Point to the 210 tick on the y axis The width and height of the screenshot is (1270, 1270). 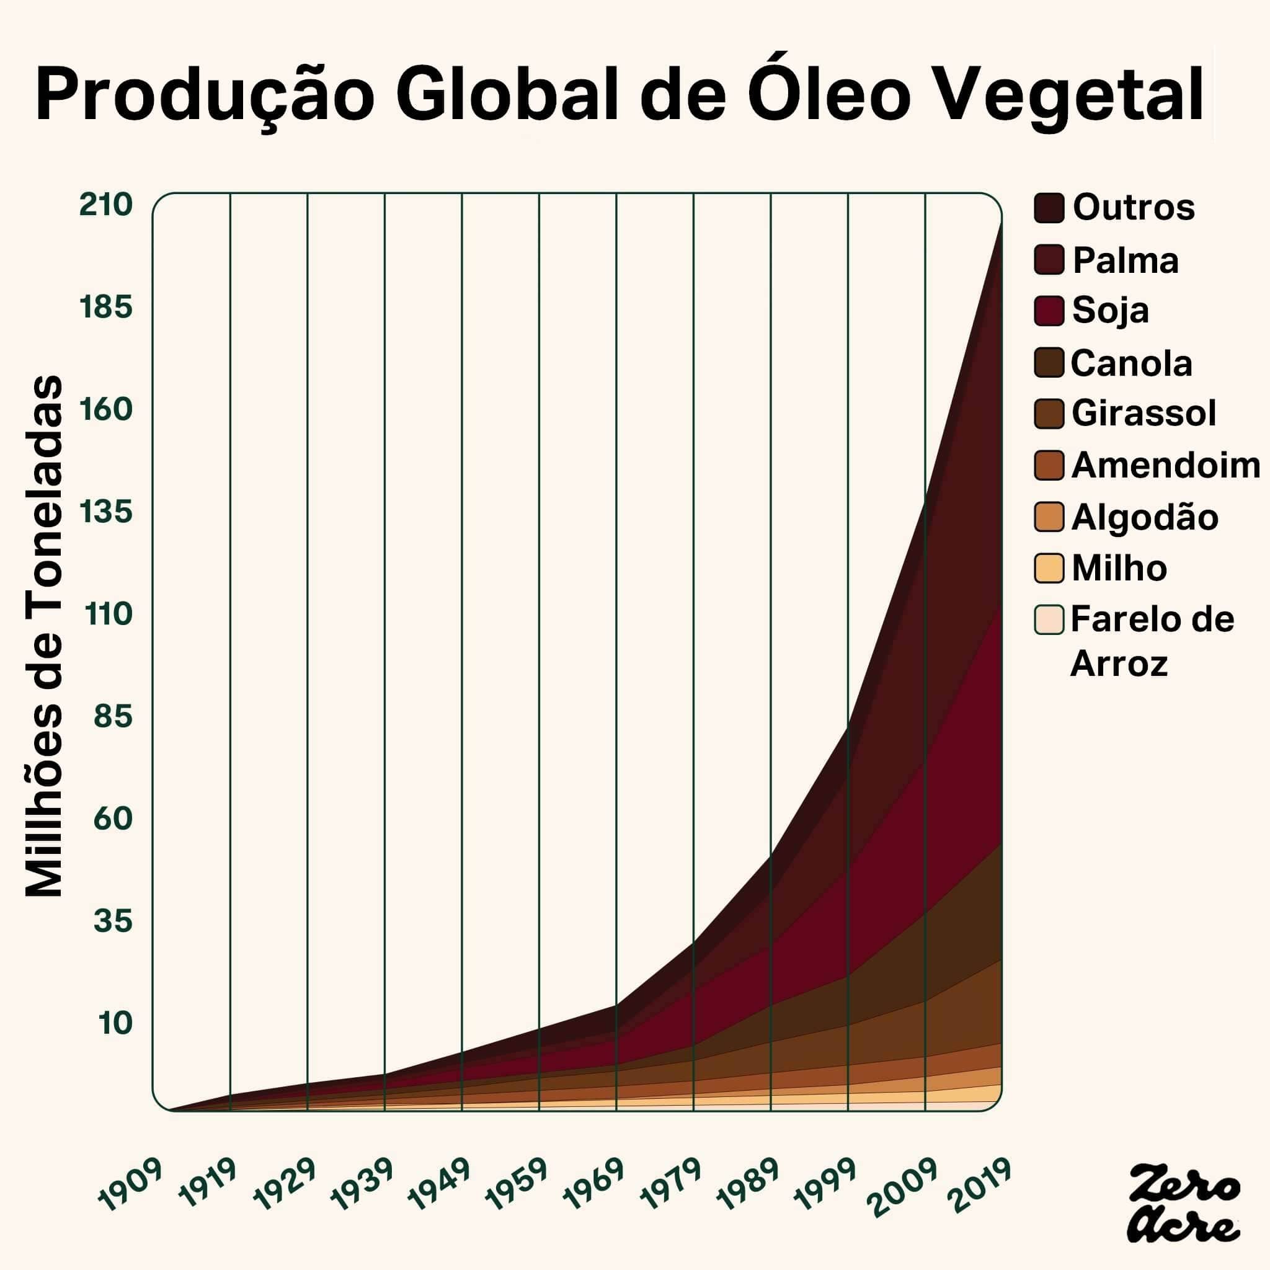coord(106,205)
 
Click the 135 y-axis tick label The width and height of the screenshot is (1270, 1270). coord(106,512)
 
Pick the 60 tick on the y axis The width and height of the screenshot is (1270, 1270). coord(113,819)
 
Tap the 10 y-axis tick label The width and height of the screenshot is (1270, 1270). coord(115,1023)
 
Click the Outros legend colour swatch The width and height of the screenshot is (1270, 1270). coord(1049,208)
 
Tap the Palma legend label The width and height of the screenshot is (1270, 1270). coord(1126,260)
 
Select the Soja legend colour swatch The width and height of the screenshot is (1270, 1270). coord(1049,310)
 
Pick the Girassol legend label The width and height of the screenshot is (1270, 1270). coord(1143,414)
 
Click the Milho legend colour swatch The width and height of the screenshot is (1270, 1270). coord(1049,569)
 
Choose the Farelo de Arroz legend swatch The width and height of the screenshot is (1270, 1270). coord(1049,620)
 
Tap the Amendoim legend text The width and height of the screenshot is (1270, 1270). coord(1165,466)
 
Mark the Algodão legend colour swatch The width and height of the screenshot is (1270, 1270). coord(1049,517)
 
